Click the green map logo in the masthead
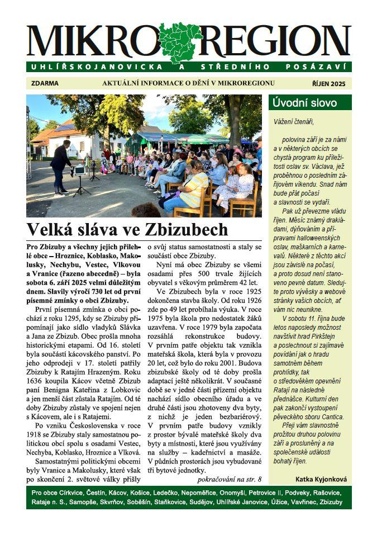tap(180, 42)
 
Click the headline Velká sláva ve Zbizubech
tap(127, 229)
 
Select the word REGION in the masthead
tap(276, 42)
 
